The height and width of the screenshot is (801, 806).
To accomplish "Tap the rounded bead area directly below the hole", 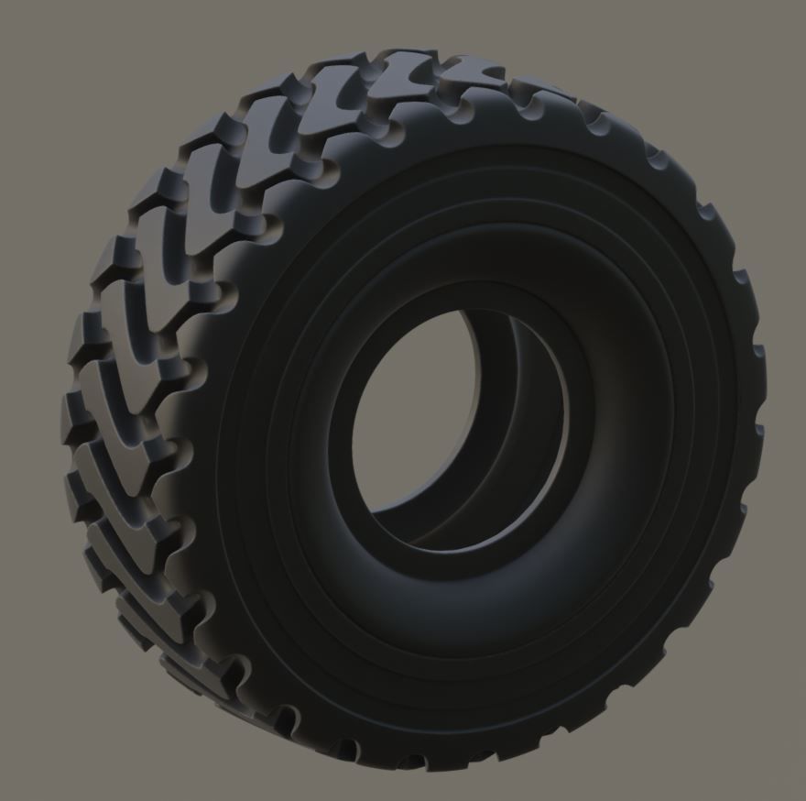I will (x=458, y=587).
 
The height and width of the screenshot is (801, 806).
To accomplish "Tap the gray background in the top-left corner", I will (x=37, y=37).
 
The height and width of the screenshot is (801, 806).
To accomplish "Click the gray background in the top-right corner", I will (x=769, y=37).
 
